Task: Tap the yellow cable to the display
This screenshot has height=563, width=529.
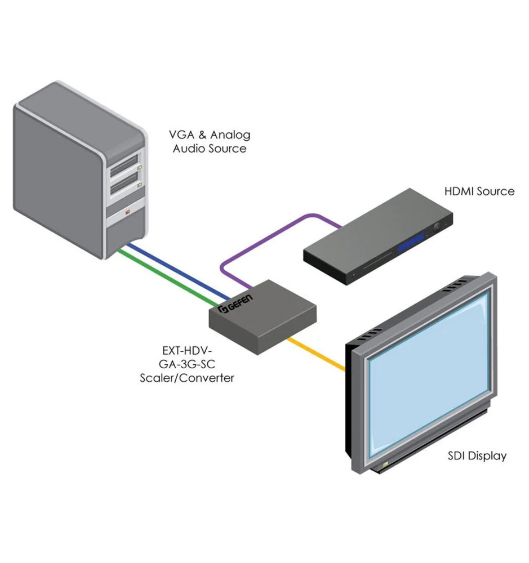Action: (x=316, y=355)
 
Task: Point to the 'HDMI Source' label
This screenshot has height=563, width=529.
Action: (x=479, y=191)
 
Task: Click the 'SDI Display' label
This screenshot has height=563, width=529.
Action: (x=477, y=455)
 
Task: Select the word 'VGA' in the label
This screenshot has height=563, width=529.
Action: (x=184, y=135)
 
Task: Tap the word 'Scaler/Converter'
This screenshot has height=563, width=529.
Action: (x=186, y=378)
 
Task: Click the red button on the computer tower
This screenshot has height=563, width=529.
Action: (x=128, y=212)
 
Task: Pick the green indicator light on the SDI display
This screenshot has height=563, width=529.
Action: (x=385, y=465)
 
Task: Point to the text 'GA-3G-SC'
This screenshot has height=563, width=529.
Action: (x=186, y=365)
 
